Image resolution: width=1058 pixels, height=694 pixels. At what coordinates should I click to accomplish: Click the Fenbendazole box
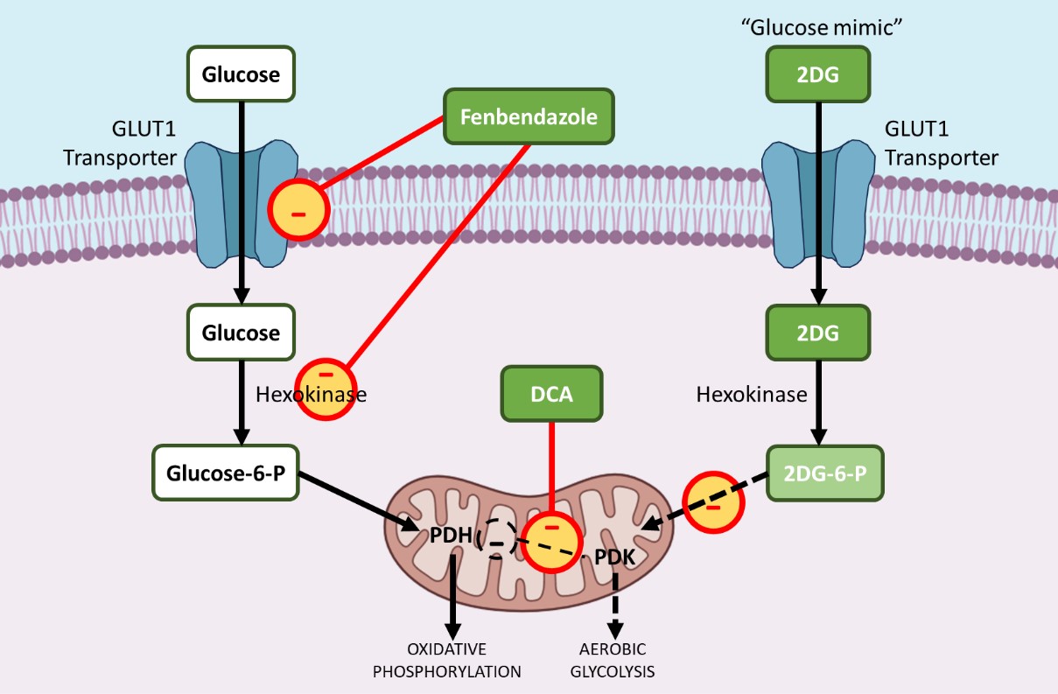point(529,116)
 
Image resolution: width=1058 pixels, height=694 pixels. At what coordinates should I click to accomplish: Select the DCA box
point(551,393)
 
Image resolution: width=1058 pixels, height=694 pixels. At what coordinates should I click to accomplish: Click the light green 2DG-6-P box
point(824,474)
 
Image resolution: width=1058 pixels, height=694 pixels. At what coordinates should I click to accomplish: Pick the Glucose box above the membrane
point(241,74)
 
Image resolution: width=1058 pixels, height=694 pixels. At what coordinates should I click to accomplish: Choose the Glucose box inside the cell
point(241,333)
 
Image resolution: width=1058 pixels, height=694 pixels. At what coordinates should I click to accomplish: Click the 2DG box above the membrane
point(818,74)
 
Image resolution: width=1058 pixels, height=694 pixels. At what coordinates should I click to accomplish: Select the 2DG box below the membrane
point(818,333)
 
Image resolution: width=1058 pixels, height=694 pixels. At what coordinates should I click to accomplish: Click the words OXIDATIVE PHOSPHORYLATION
point(446,661)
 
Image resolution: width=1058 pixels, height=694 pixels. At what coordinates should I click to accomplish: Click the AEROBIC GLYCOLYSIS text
point(613,661)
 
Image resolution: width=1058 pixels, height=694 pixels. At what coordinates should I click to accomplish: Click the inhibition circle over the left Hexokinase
point(326,389)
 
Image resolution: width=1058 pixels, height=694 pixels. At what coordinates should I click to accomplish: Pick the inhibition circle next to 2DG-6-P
point(713,502)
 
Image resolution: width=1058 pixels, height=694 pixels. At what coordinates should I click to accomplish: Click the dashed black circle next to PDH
point(496,542)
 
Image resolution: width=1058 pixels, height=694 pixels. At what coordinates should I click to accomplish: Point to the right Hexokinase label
point(752,395)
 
